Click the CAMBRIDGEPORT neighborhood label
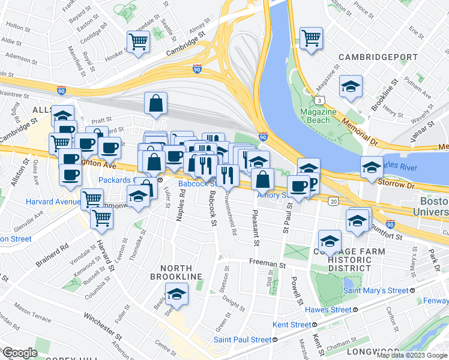[x=378, y=57]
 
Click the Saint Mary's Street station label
[x=375, y=290]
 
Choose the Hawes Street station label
[x=327, y=310]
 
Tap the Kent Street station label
[x=293, y=325]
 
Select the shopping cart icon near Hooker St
[x=138, y=42]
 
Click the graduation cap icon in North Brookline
[x=176, y=293]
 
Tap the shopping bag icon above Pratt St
[x=155, y=103]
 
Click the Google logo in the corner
[x=20, y=353]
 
